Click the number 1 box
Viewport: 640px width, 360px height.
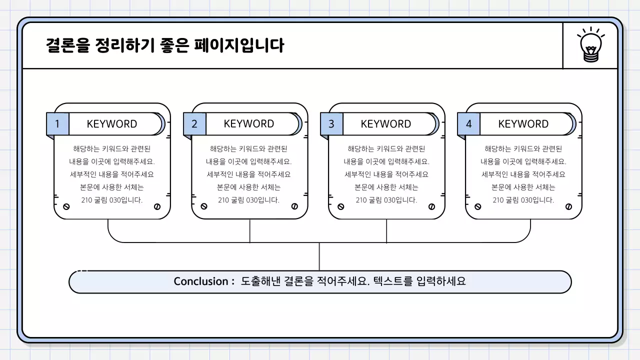point(57,124)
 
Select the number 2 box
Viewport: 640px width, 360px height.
point(194,124)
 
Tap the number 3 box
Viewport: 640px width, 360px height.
point(331,124)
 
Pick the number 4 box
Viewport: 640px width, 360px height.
point(468,124)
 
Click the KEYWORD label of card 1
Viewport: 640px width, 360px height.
point(112,124)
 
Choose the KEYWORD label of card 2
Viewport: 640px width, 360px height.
point(249,124)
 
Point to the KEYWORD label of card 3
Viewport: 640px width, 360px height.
point(386,124)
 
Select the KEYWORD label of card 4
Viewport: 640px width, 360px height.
point(523,124)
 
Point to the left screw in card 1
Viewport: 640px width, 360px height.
point(66,206)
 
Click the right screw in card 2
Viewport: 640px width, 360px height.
point(294,206)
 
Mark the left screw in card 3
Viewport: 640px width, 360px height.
point(341,206)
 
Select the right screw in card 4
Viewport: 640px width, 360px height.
point(568,206)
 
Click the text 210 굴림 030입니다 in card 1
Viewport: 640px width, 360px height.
point(112,200)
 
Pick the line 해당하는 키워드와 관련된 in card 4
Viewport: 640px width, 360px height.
point(523,148)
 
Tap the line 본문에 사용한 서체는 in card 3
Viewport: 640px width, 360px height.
point(386,187)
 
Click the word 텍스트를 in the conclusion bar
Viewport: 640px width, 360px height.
point(393,281)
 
